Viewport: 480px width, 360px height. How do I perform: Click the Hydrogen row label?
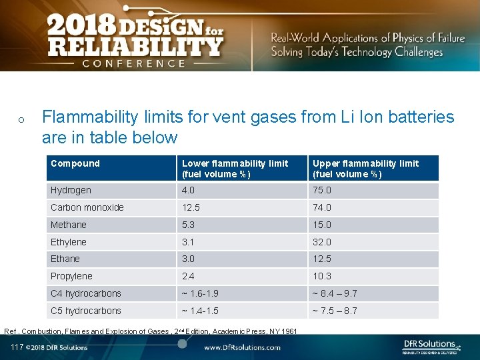tap(71, 190)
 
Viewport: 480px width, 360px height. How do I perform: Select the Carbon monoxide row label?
tap(87, 207)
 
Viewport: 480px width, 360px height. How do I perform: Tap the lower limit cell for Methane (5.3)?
tap(190, 225)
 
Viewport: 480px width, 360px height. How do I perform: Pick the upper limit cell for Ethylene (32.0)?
tap(321, 242)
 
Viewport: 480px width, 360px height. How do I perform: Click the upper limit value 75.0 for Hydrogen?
tap(321, 190)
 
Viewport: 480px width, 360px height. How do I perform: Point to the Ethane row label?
tap(65, 259)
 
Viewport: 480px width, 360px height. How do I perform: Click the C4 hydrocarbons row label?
tap(86, 293)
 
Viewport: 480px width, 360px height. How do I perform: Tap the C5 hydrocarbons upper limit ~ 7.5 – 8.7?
tap(344, 311)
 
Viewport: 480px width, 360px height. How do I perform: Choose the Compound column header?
tap(75, 163)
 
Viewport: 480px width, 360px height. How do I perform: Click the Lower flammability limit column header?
tap(235, 169)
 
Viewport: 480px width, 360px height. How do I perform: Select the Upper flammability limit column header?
tap(365, 169)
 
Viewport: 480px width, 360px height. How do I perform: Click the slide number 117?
tap(17, 347)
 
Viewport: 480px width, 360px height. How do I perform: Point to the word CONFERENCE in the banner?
tap(134, 63)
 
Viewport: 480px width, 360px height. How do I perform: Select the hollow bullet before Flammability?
tap(21, 120)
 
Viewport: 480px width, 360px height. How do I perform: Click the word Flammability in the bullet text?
tap(91, 117)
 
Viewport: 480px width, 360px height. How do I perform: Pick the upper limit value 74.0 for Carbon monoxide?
tap(321, 207)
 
